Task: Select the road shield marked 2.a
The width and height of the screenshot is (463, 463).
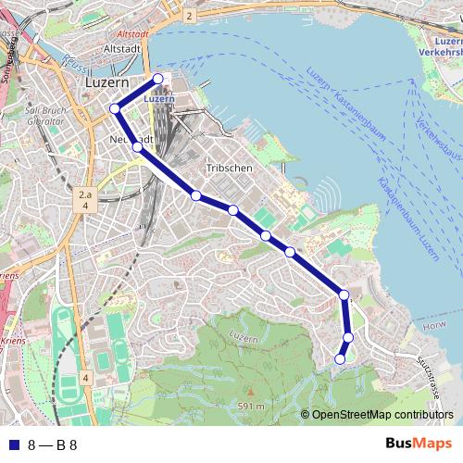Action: [x=85, y=195]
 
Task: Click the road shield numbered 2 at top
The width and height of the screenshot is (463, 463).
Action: [x=188, y=17]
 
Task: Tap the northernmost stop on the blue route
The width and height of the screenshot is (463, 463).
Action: [x=158, y=79]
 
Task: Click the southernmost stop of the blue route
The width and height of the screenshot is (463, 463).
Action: [x=340, y=359]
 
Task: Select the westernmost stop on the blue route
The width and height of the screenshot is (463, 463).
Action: [x=116, y=109]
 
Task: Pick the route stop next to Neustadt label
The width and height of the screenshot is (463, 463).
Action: [x=137, y=146]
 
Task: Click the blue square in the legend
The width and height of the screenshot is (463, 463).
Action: [x=11, y=444]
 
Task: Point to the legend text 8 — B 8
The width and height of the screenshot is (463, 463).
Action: [x=52, y=444]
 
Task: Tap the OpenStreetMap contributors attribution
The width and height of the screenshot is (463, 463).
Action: [x=382, y=414]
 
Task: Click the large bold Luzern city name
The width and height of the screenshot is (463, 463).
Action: [x=106, y=81]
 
